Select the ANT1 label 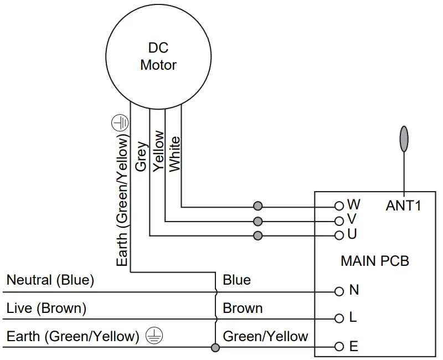click(403, 205)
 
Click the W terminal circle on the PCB click(339, 206)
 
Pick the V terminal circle click(339, 221)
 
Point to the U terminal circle click(339, 235)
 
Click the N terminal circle click(339, 291)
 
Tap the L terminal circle click(339, 318)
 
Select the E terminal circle click(339, 347)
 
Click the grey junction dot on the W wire click(257, 206)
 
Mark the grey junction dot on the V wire click(257, 221)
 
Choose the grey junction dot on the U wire click(257, 235)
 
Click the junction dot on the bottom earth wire click(215, 347)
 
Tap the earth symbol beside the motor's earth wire click(120, 123)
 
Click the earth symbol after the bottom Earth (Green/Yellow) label click(154, 336)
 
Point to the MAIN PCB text click(375, 261)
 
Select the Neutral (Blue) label click(50, 280)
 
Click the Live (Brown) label click(47, 308)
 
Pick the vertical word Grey click(141, 157)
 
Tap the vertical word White click(174, 154)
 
